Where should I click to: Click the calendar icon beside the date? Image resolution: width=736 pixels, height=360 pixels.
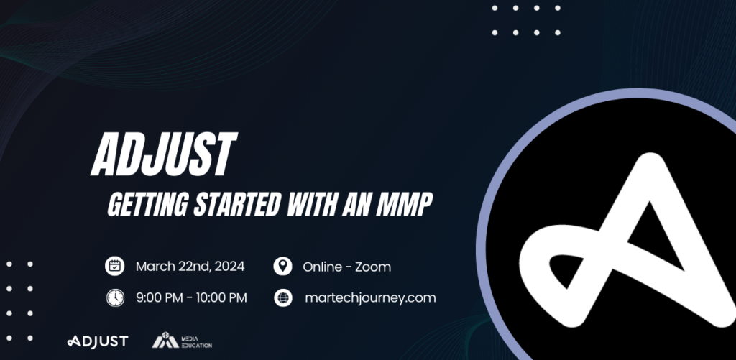point(115,267)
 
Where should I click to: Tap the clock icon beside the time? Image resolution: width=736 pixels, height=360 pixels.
point(115,297)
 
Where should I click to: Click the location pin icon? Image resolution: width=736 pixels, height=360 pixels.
point(282,267)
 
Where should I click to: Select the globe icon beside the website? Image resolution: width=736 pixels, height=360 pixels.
point(282,297)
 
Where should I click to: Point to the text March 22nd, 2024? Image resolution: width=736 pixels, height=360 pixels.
point(190,267)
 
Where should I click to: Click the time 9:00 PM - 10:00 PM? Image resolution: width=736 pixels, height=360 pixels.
point(191,297)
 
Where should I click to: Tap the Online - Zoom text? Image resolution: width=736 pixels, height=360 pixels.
point(346,267)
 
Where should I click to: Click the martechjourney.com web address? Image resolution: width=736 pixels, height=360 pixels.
point(370,297)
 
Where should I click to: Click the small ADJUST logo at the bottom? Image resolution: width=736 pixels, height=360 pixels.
point(97,341)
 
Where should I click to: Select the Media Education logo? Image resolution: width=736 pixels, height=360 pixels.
point(182,341)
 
